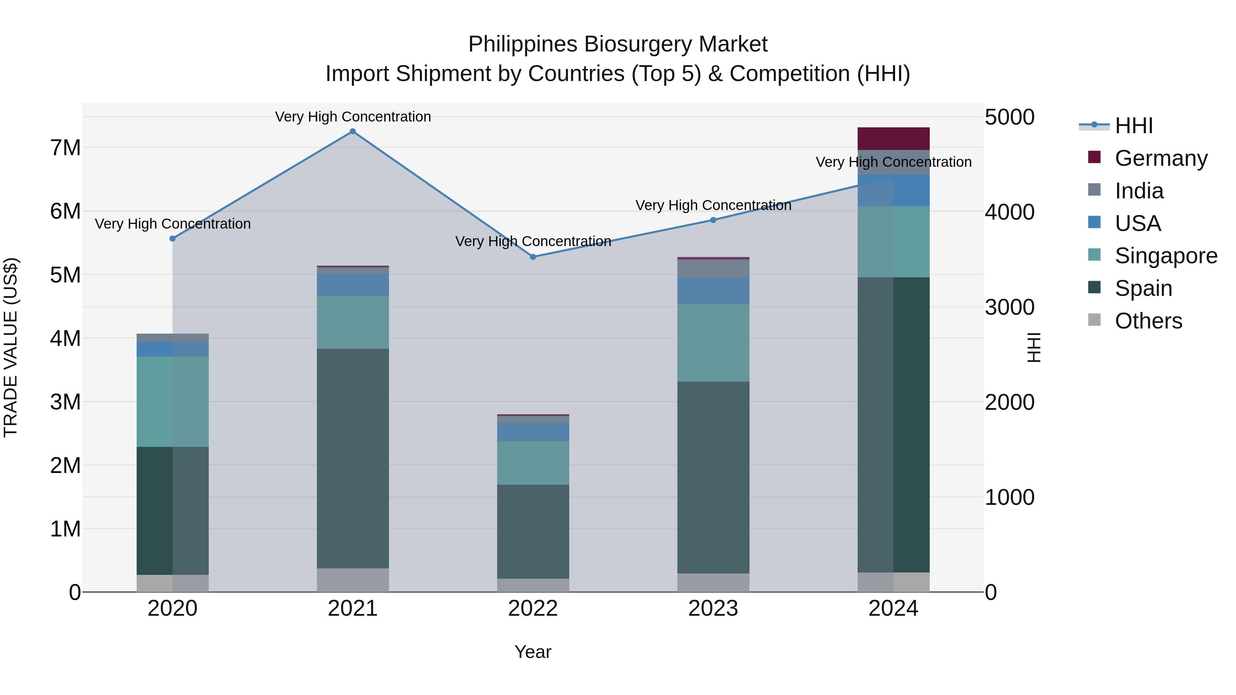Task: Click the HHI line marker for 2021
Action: tap(353, 131)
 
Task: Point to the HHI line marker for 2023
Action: tap(713, 220)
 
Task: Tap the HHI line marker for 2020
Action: tap(173, 239)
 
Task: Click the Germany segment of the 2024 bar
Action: tap(893, 139)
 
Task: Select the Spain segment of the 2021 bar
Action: tap(353, 458)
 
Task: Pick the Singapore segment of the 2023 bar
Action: tap(713, 343)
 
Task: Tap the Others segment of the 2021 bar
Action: tap(353, 580)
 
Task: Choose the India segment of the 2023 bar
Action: tap(713, 269)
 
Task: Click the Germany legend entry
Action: tap(1161, 158)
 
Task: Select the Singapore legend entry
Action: tap(1166, 256)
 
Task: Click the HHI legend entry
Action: tap(1133, 126)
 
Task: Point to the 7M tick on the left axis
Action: tap(65, 148)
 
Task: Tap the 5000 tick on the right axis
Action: tap(1009, 117)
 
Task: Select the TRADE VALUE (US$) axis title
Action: tap(11, 347)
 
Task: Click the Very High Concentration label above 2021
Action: tap(353, 117)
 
